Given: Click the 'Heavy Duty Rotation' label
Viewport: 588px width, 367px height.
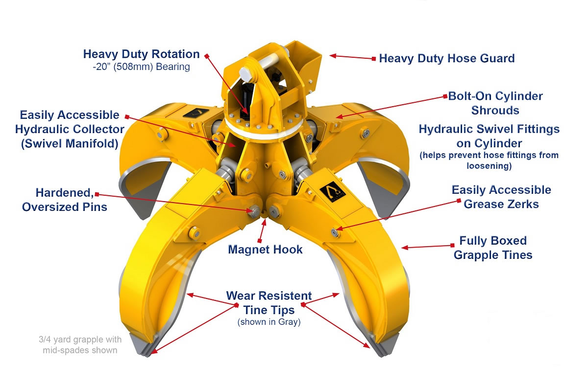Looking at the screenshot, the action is click(141, 54).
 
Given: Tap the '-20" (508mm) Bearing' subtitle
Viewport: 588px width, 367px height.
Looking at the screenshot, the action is click(141, 67).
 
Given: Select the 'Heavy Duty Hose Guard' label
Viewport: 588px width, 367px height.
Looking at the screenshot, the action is click(447, 58).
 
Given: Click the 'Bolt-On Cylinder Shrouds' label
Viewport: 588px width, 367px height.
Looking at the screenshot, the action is click(495, 103).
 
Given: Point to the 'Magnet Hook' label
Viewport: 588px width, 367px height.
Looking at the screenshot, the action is click(265, 249).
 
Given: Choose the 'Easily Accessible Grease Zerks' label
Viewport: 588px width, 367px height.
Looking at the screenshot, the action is click(501, 197).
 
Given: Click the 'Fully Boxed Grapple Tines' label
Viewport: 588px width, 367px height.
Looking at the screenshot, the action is click(493, 248).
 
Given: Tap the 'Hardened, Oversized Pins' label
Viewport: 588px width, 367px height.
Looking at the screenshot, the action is click(65, 200).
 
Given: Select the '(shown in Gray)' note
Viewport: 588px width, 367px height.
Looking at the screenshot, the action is click(269, 322).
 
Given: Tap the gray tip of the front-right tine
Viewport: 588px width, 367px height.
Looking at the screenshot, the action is click(386, 345).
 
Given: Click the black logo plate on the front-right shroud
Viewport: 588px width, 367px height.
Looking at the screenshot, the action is click(332, 192).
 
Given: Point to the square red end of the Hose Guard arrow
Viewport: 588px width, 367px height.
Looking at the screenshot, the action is click(374, 59).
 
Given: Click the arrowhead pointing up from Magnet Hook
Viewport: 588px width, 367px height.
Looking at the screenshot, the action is click(264, 222).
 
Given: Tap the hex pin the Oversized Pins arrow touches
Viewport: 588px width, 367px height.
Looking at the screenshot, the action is click(254, 211).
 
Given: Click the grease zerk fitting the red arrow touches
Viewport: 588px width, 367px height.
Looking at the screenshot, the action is click(334, 232).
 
